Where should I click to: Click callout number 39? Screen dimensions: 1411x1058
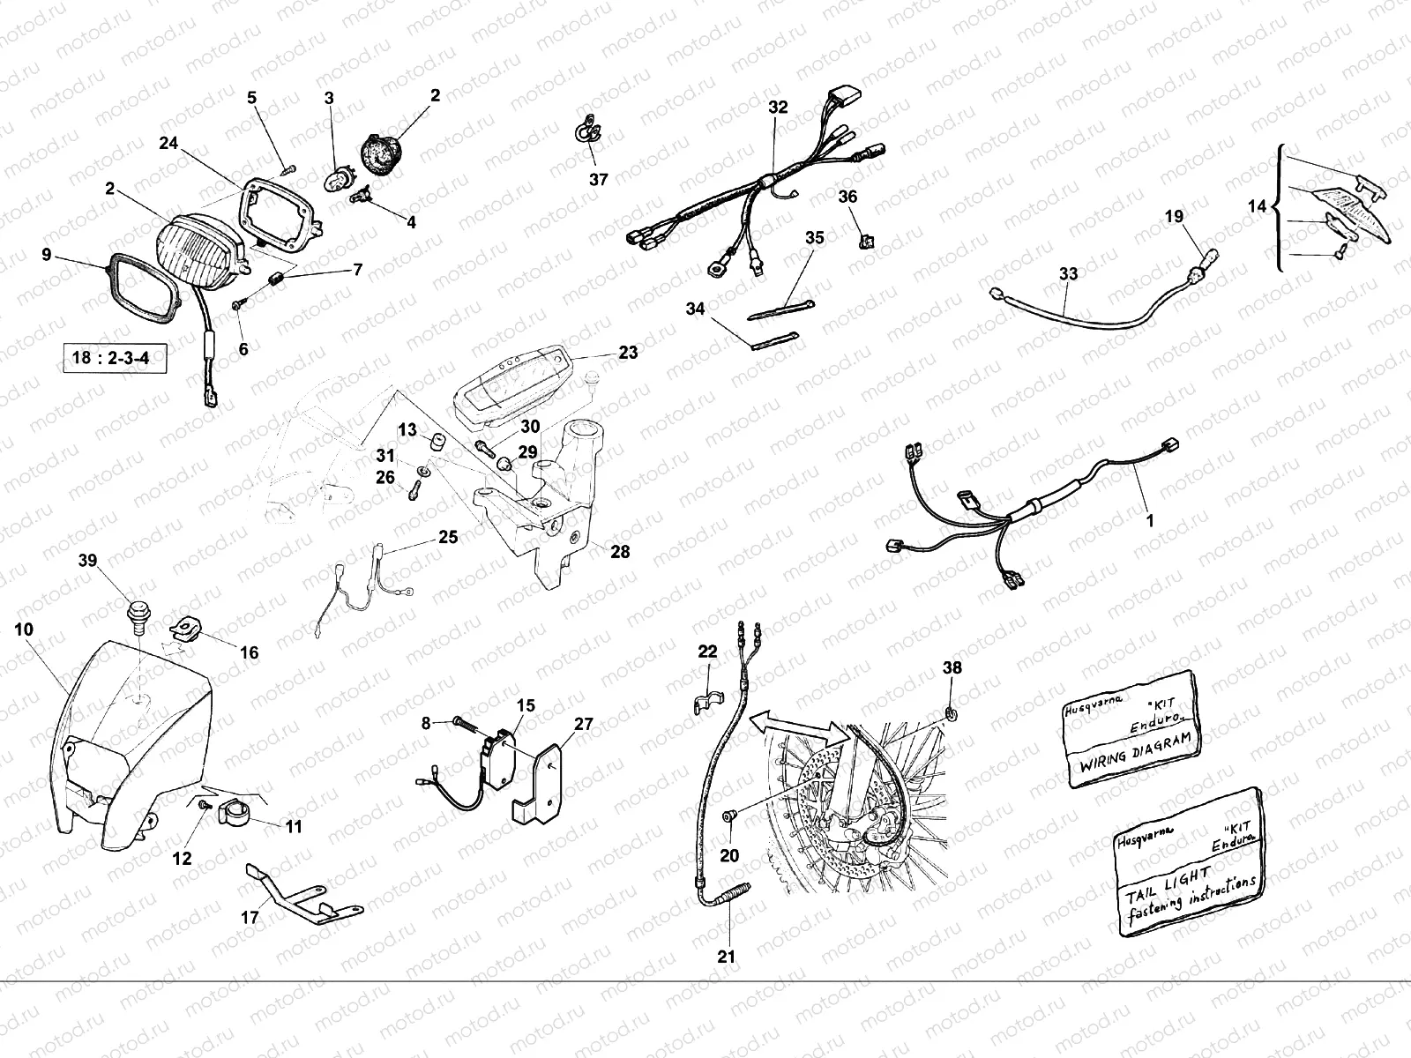(87, 561)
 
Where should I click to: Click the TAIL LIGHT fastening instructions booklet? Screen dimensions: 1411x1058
(1186, 864)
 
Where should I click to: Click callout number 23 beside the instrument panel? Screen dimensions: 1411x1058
(627, 352)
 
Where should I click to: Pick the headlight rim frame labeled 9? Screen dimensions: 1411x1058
(141, 287)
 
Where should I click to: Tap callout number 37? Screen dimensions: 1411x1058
(599, 180)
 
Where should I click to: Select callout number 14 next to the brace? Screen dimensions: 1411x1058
(1257, 206)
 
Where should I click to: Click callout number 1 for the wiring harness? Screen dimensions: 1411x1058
(1149, 521)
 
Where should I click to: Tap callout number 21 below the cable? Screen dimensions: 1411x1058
(726, 956)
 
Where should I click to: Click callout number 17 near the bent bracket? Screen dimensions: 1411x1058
(250, 918)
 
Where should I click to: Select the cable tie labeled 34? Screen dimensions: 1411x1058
(774, 340)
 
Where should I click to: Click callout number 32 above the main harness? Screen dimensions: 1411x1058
(777, 108)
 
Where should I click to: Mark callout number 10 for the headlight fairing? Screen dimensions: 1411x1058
(24, 630)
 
